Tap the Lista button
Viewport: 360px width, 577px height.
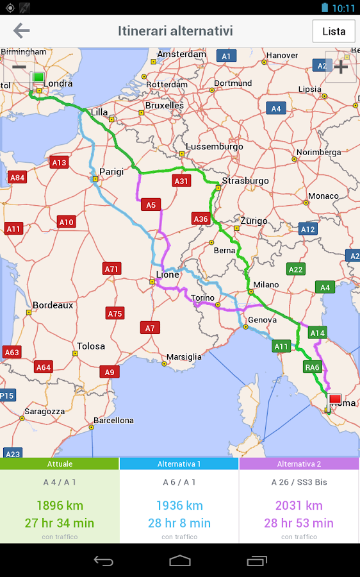click(334, 31)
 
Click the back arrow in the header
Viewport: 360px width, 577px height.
click(21, 31)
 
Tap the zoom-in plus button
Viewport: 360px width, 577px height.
click(340, 67)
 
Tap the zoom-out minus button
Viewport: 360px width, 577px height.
click(19, 67)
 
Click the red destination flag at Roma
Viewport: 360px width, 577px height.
click(335, 400)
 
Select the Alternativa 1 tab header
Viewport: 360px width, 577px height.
click(179, 464)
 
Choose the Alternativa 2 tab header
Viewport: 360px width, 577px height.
click(299, 464)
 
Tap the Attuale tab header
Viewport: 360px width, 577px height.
click(60, 464)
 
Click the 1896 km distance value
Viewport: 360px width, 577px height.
click(60, 506)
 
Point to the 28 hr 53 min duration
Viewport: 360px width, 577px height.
click(299, 523)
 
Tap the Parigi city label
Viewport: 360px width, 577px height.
click(111, 172)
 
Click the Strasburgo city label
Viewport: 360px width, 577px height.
click(245, 181)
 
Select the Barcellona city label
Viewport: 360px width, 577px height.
click(113, 421)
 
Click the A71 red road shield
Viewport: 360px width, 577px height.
click(112, 269)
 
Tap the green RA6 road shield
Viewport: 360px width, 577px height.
click(312, 367)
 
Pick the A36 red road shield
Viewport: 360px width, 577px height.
click(201, 219)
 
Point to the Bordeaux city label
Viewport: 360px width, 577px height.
click(53, 305)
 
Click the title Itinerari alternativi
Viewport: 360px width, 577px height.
click(175, 31)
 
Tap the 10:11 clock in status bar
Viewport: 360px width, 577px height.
click(344, 8)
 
